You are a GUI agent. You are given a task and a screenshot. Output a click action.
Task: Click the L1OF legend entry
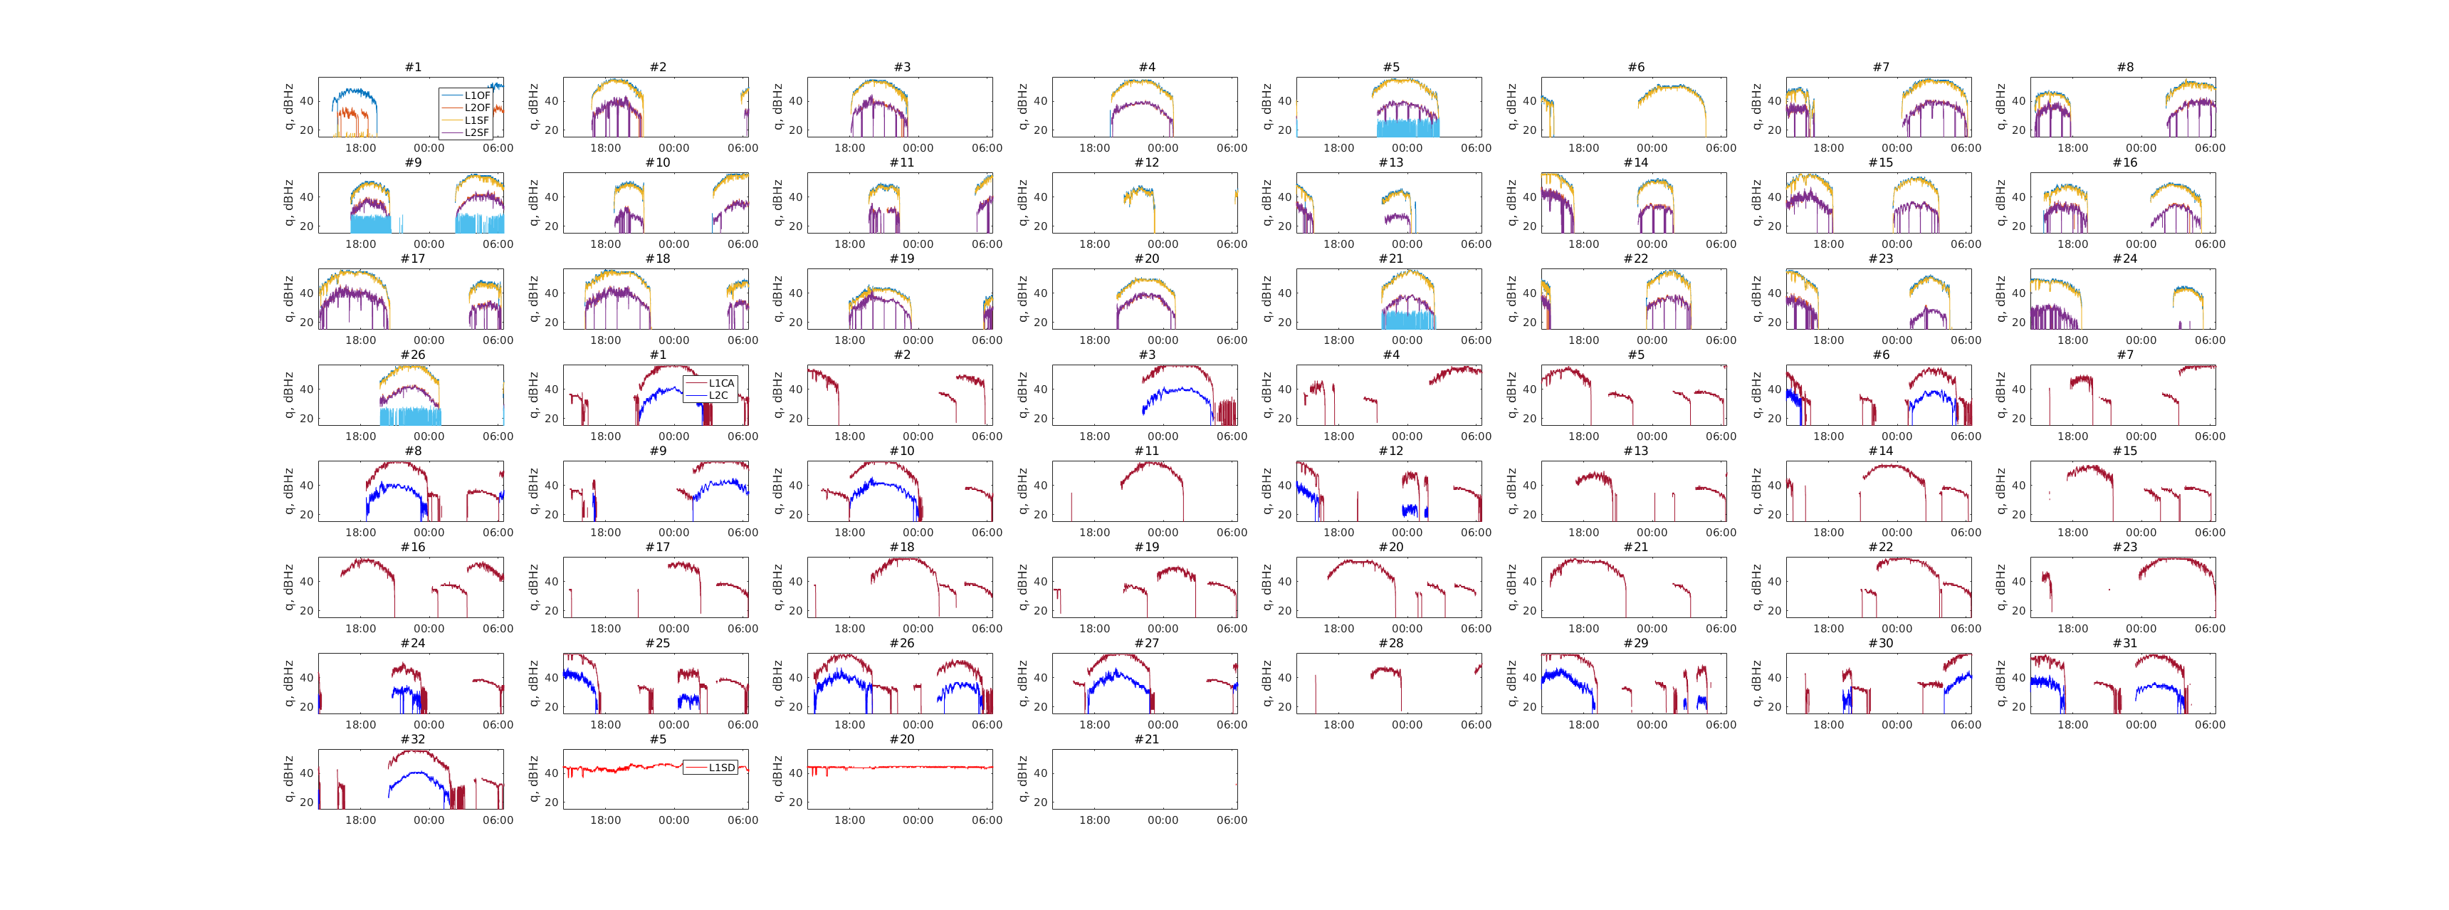click(476, 96)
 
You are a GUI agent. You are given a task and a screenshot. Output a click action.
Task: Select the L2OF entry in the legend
click(476, 108)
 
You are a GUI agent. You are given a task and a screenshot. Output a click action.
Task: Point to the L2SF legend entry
click(476, 132)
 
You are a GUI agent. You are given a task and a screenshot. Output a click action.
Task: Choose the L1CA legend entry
click(720, 383)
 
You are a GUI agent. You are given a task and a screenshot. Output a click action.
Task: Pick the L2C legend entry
click(718, 396)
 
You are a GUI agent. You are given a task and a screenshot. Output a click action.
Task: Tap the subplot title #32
click(413, 739)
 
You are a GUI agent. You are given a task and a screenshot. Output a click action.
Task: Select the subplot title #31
click(2125, 643)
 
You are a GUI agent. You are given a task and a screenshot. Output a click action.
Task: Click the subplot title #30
click(1880, 643)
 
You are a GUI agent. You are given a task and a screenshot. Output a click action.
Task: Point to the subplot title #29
click(1635, 643)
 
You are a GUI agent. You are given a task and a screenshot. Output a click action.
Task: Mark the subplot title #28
click(1391, 643)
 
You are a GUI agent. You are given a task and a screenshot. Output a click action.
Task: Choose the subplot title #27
click(1146, 643)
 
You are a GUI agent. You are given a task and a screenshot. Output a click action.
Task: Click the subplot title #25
click(657, 643)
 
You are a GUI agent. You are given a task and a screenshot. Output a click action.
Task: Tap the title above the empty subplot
click(1146, 739)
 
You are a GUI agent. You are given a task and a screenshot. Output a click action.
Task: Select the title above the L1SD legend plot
click(657, 739)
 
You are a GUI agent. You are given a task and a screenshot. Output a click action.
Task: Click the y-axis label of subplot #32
click(289, 779)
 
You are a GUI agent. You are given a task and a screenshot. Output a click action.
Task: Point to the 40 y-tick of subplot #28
click(1284, 678)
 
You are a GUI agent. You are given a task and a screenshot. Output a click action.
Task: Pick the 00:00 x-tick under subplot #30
click(1897, 725)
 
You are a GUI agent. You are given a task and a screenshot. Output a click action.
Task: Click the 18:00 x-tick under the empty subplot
click(1094, 820)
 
